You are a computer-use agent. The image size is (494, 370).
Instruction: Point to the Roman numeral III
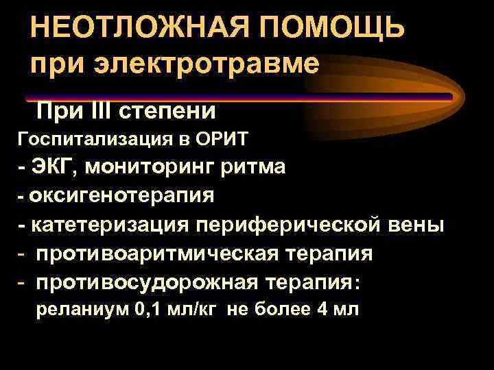(x=101, y=110)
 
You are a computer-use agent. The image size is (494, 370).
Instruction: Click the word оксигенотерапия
(x=122, y=195)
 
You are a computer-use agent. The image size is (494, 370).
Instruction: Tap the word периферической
(x=290, y=224)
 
